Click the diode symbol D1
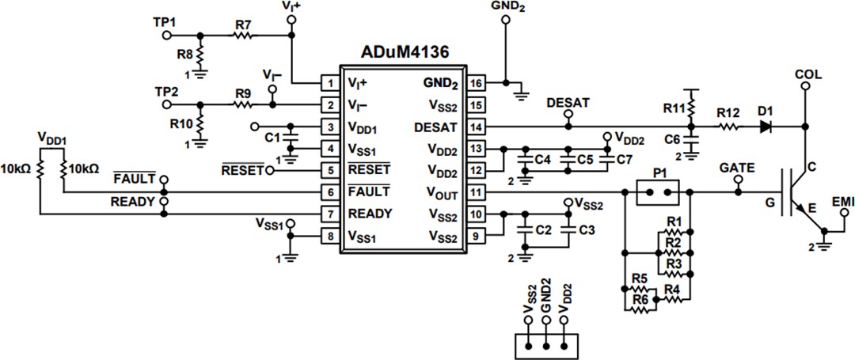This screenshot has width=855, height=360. click(x=765, y=126)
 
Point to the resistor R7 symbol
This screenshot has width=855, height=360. click(x=242, y=35)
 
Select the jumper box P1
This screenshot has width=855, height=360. click(x=659, y=191)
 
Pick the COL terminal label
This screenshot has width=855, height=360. click(x=807, y=74)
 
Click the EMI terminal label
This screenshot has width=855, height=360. click(x=842, y=203)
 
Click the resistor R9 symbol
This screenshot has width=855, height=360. click(x=242, y=104)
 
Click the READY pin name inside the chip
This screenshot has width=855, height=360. click(x=369, y=213)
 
